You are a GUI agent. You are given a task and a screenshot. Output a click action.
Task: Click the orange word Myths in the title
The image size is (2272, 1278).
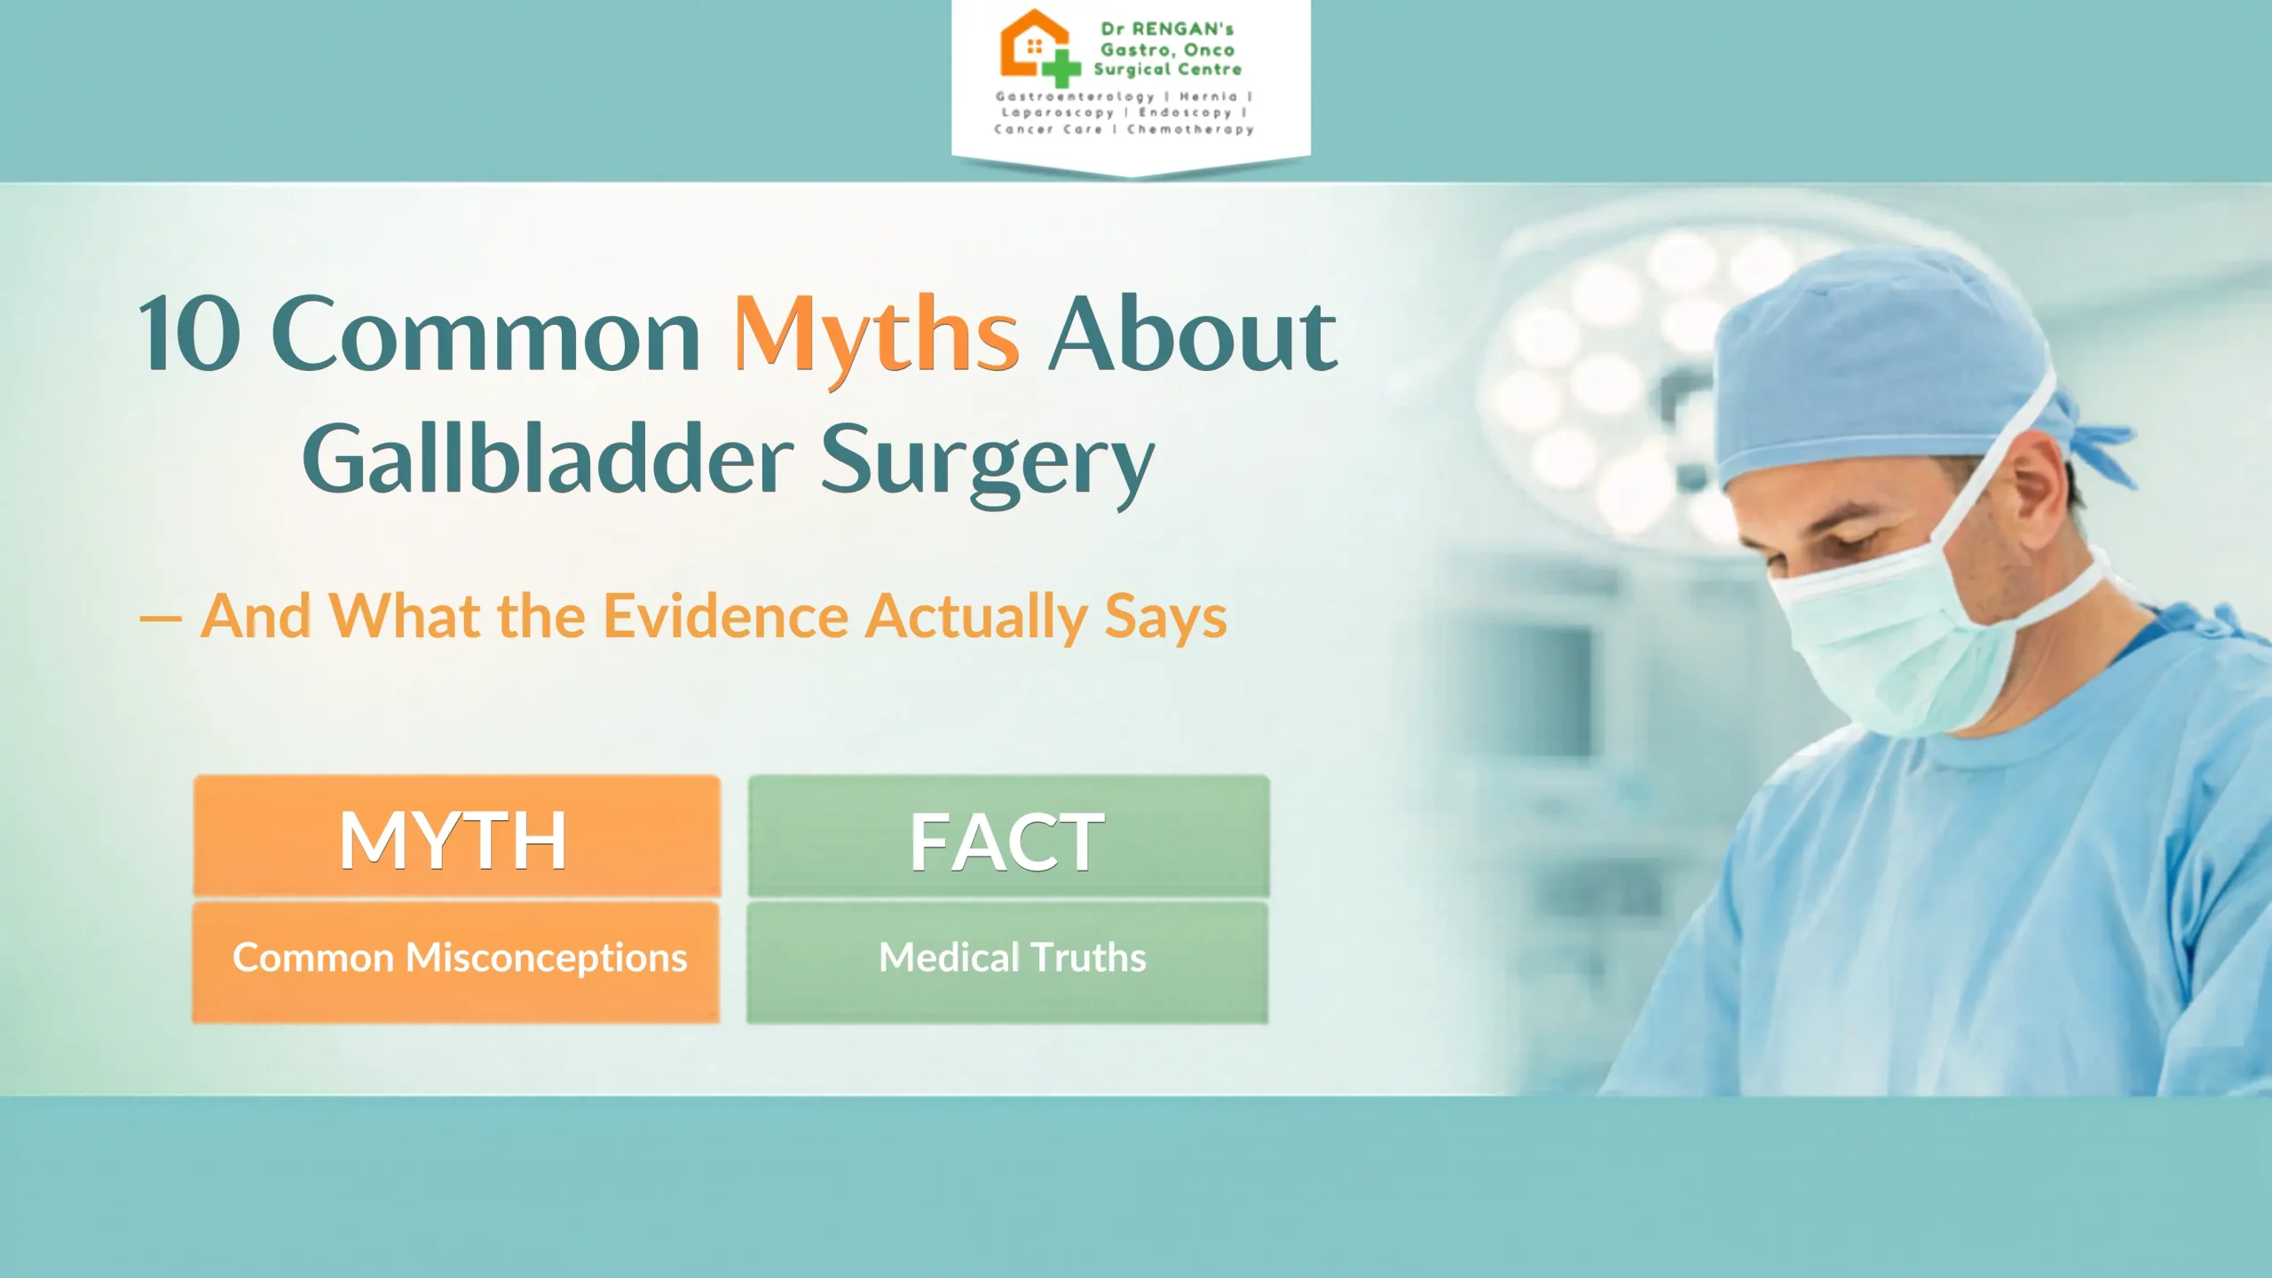tap(876, 338)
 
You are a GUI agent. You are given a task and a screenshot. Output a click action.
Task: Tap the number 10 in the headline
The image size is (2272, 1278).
tap(189, 334)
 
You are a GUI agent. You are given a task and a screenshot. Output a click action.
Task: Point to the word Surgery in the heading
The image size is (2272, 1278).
tap(987, 463)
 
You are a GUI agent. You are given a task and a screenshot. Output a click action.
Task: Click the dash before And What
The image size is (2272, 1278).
tap(161, 619)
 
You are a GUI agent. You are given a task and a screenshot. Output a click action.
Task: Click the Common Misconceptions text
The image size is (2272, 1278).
tap(460, 958)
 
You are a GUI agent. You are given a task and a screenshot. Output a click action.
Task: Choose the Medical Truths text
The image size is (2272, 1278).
tap(1013, 957)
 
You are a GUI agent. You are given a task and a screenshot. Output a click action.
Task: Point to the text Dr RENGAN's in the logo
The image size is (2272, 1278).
tap(1167, 28)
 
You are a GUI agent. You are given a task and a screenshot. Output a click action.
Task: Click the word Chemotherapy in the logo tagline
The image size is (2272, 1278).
tap(1190, 130)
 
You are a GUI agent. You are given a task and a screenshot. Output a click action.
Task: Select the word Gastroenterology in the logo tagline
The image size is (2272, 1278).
tap(1075, 97)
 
